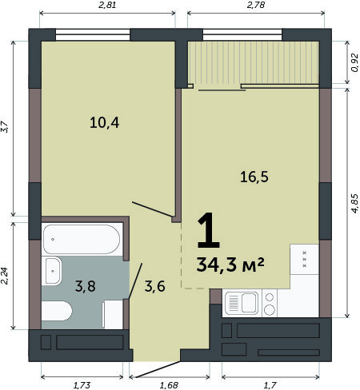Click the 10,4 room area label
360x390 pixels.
(x=104, y=123)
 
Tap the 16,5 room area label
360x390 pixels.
(x=254, y=177)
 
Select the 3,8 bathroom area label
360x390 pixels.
(x=86, y=286)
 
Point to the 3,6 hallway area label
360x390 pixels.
(x=155, y=286)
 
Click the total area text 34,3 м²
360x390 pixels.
(x=230, y=265)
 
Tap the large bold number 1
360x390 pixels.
(x=209, y=230)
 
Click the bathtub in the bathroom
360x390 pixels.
(x=82, y=239)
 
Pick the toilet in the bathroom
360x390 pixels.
(x=57, y=311)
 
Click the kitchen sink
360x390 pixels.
(x=242, y=303)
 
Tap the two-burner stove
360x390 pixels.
(x=270, y=304)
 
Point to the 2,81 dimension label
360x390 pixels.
(x=107, y=5)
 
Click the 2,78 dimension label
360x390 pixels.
(x=256, y=5)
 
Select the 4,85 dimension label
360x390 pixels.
(x=355, y=203)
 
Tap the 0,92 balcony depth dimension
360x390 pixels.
(x=355, y=62)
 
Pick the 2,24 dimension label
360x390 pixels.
(x=5, y=276)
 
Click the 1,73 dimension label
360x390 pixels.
(x=82, y=385)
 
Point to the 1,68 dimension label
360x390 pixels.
(x=169, y=385)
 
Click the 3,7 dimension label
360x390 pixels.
(x=5, y=127)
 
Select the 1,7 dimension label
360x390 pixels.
(x=270, y=385)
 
